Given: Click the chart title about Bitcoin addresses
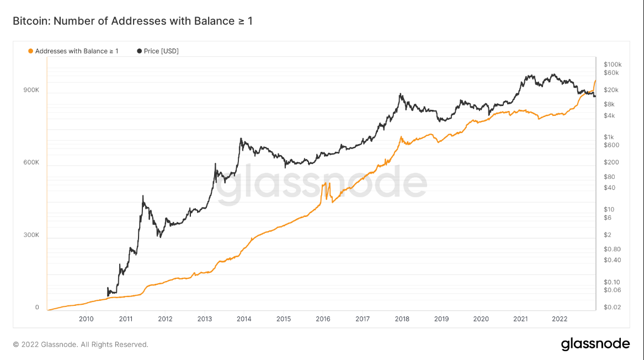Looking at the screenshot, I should [132, 22].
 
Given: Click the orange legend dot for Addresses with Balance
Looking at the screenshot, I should [30, 51].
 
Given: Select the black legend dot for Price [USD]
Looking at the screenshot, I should [139, 51].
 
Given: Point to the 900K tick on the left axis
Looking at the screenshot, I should [31, 90].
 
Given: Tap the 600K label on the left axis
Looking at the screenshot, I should [31, 162].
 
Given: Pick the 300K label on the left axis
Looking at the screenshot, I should [31, 235].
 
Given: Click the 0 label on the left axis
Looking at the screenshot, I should [37, 308].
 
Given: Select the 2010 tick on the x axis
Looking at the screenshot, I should [86, 319].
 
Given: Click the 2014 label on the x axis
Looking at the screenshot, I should [244, 319].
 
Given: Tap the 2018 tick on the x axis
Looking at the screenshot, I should [402, 319].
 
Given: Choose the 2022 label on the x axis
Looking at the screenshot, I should [560, 319].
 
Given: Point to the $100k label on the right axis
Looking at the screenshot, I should [613, 64].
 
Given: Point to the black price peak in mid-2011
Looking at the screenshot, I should [143, 195].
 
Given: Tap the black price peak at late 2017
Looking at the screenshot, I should [400, 94].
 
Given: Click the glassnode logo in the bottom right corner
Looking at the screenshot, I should [595, 344].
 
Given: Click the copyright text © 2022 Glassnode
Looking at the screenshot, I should [81, 345].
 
